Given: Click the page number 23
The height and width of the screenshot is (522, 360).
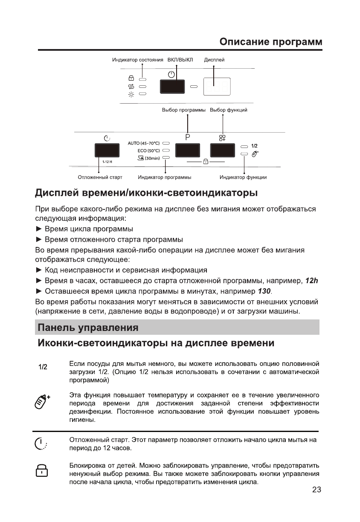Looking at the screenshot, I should (316, 490).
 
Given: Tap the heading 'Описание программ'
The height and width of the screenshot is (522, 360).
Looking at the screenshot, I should (271, 42).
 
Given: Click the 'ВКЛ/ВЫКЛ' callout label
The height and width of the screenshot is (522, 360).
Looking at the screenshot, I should (180, 60).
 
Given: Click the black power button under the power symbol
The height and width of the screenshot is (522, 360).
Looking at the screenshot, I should (171, 87).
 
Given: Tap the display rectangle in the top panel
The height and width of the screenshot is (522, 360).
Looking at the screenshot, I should (217, 87).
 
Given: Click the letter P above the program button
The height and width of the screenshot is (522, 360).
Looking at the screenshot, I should (187, 137).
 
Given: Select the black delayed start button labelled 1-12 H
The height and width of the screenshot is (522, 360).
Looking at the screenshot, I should (107, 151).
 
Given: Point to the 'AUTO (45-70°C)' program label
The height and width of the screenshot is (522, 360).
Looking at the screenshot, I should (144, 144).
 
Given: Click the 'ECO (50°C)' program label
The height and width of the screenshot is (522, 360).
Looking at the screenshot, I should (148, 151).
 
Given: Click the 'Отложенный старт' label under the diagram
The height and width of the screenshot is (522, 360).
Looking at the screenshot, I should (100, 177).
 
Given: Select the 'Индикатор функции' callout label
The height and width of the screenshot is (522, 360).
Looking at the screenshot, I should (243, 177).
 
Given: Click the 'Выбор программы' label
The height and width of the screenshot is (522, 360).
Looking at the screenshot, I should (183, 110).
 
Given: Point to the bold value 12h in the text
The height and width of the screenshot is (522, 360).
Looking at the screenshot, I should (312, 281).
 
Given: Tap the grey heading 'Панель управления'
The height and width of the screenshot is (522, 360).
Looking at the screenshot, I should (88, 328).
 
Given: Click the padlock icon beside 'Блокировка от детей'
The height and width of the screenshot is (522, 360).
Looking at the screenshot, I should (41, 471).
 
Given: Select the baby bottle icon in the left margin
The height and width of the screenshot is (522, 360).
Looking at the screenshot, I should (42, 401).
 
